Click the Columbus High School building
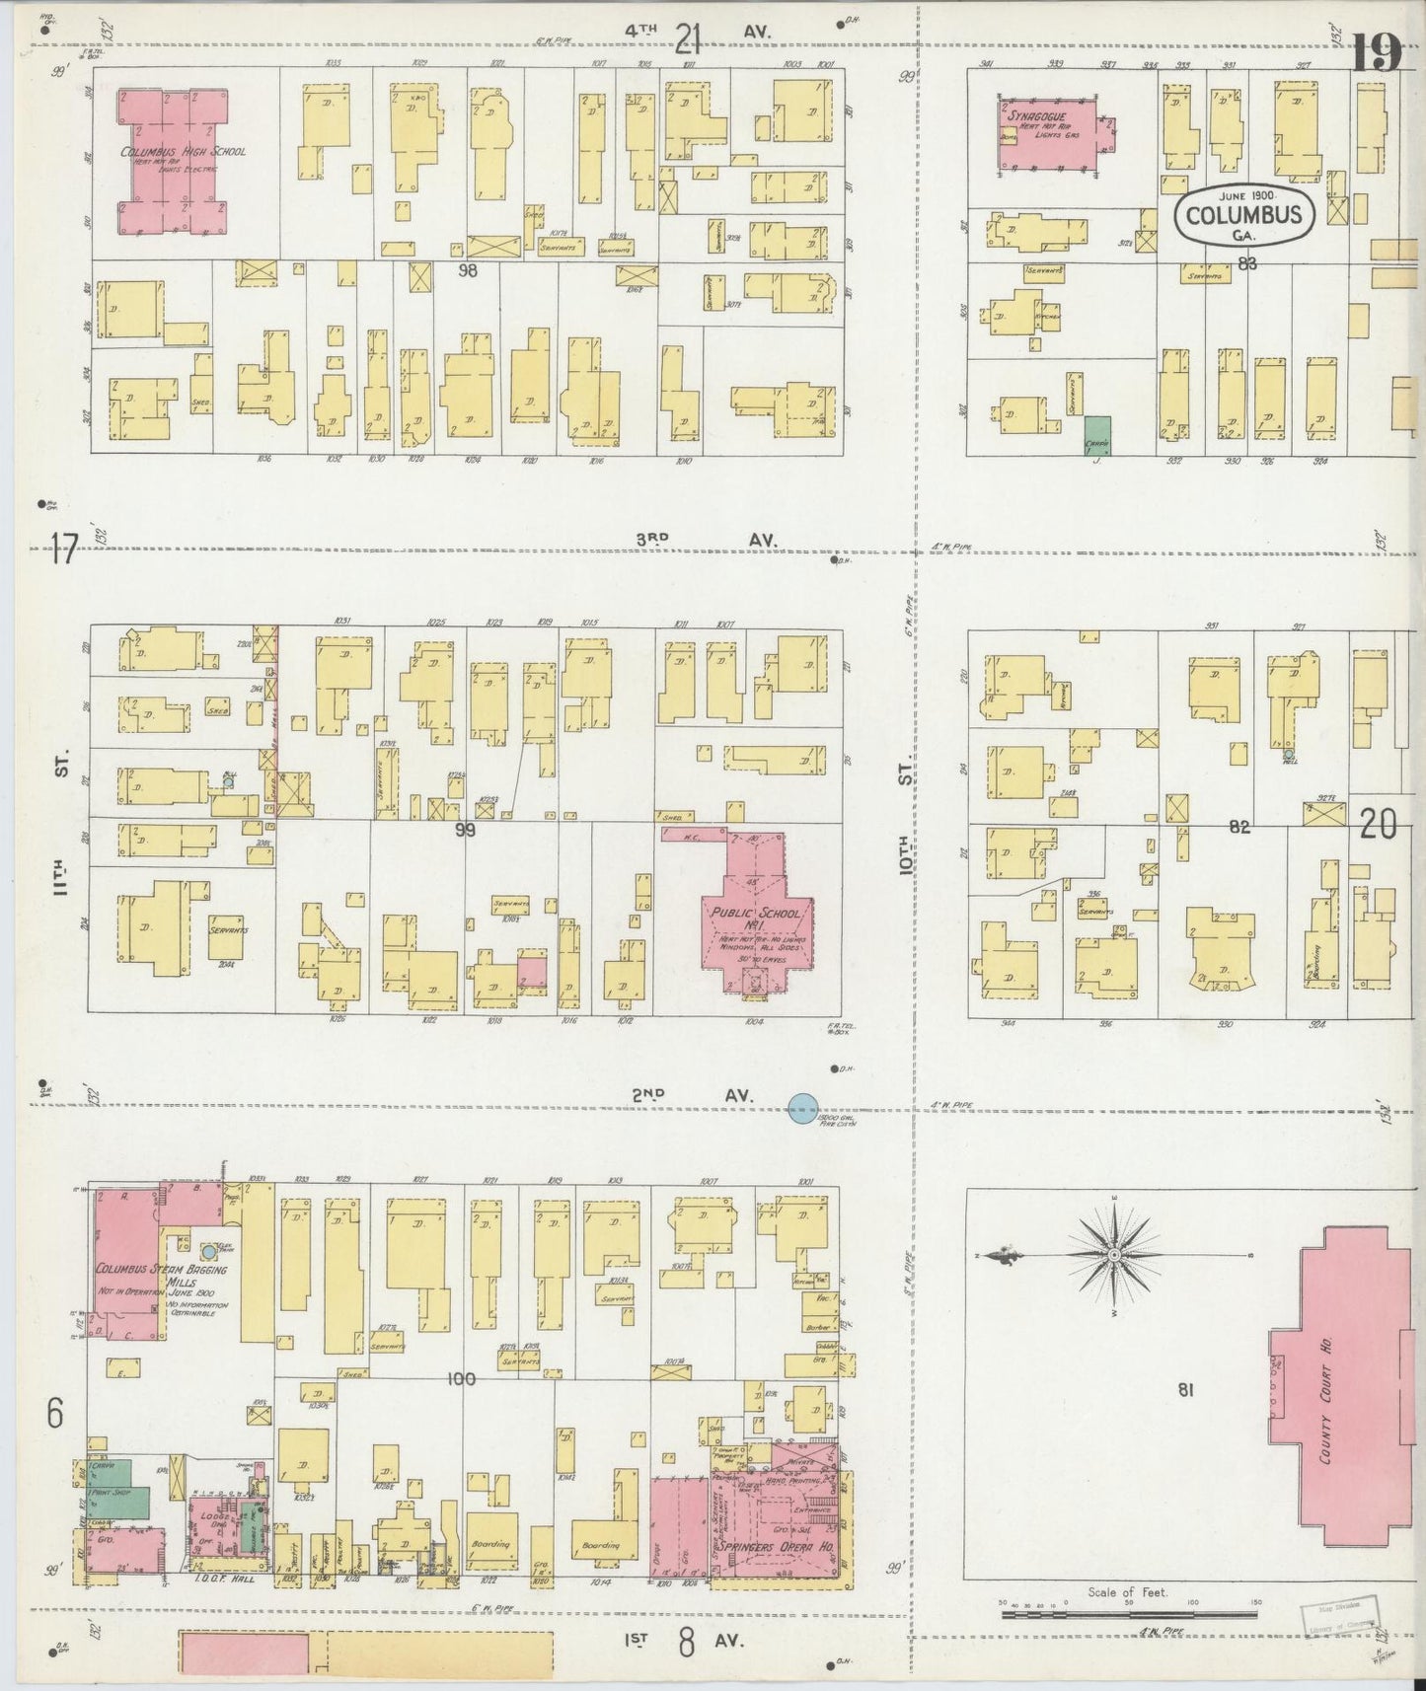pyautogui.click(x=174, y=163)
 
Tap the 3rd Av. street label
pyautogui.click(x=706, y=540)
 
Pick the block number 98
pyautogui.click(x=468, y=268)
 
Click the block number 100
pyautogui.click(x=461, y=1379)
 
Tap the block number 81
pyautogui.click(x=1185, y=1390)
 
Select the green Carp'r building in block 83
pyautogui.click(x=1096, y=434)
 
